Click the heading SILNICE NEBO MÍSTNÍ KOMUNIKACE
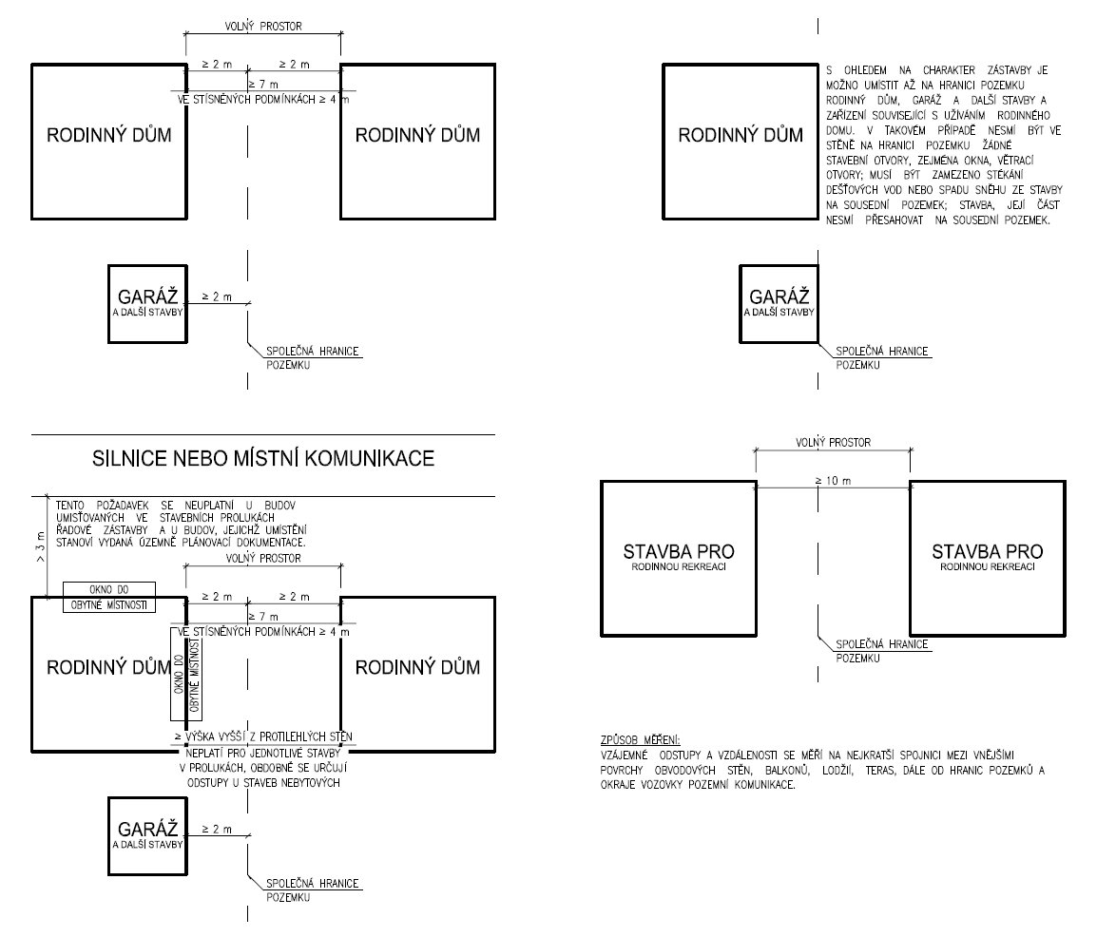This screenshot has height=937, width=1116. pos(263,458)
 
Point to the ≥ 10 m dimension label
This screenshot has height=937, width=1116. pos(833,481)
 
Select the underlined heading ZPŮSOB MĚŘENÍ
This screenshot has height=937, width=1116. pos(640,740)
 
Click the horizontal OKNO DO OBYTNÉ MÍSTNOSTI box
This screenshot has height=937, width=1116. pos(109,598)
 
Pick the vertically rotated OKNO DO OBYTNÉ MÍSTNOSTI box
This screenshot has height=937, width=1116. pos(185,675)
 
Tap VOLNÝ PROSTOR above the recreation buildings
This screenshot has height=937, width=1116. pos(833,443)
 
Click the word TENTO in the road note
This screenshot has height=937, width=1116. pos(69,506)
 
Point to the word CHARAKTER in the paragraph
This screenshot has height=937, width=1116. pos(949,70)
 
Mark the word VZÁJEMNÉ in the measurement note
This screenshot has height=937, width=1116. pos(625,755)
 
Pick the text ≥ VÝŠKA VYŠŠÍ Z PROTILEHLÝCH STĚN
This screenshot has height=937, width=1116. pos(263,737)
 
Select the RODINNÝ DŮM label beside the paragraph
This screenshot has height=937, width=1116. pos(741,135)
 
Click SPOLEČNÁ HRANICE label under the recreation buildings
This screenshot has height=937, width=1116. pos(882,644)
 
